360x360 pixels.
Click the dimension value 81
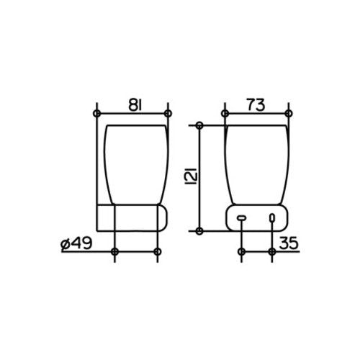[x=135, y=104]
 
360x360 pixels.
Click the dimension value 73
[x=256, y=104]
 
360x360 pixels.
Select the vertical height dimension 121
[x=192, y=176]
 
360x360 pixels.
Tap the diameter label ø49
[x=76, y=243]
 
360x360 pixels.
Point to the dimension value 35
[x=289, y=243]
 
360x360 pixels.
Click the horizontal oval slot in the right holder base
[x=241, y=218]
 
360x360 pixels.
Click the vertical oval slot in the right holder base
[x=272, y=217]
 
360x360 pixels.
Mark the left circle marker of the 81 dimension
[x=96, y=113]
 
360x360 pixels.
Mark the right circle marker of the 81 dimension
[x=168, y=113]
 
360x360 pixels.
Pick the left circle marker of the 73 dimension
[x=225, y=113]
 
